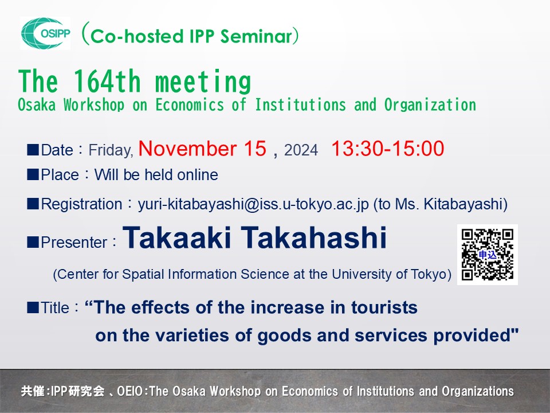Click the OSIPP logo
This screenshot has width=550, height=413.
pyautogui.click(x=45, y=33)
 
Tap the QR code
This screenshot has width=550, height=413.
pyautogui.click(x=488, y=254)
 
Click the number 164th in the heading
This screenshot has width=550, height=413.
pyautogui.click(x=109, y=82)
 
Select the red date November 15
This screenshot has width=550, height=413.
pyautogui.click(x=202, y=149)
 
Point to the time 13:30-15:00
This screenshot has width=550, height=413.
pyautogui.click(x=387, y=149)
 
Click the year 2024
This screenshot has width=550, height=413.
pyautogui.click(x=301, y=151)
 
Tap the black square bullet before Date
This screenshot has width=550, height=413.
pyautogui.click(x=33, y=150)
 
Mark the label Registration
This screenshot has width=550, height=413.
pyautogui.click(x=82, y=204)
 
